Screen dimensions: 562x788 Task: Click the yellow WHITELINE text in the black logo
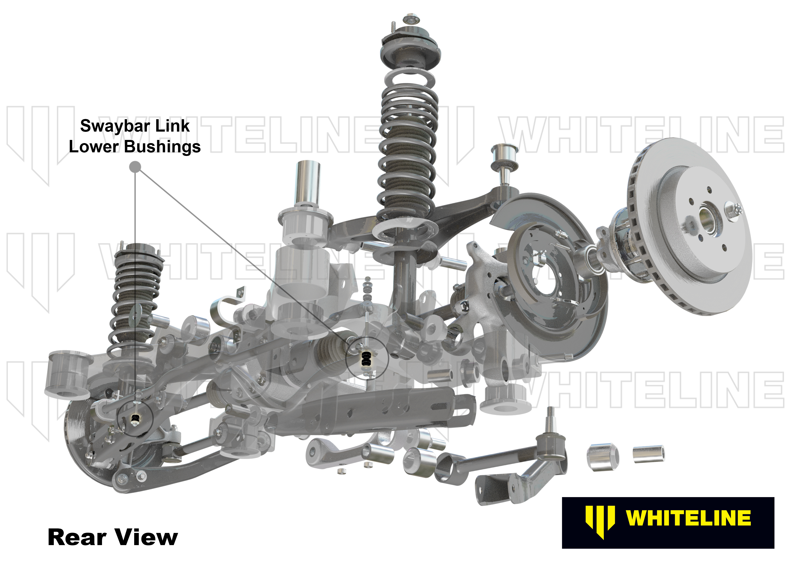click(x=688, y=518)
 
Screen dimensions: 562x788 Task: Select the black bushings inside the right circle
click(x=365, y=359)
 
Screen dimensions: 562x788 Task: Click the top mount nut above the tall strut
click(x=410, y=19)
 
